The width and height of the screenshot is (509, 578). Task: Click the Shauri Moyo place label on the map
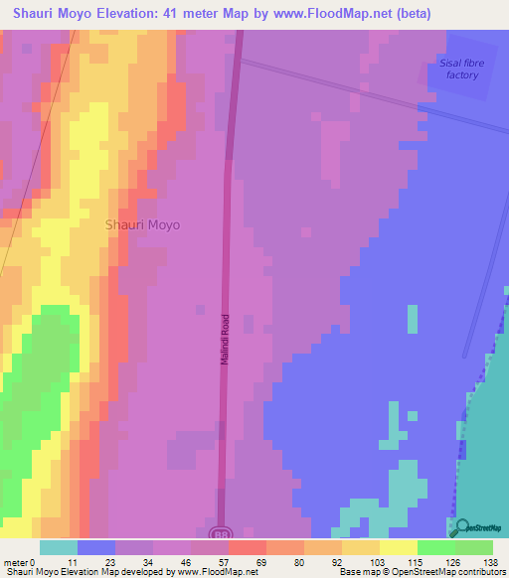click(143, 224)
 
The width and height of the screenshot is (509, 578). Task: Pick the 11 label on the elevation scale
click(68, 561)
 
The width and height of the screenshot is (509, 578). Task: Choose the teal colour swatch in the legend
click(59, 547)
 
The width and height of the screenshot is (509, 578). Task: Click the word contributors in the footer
click(481, 572)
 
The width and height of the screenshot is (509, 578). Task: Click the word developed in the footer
click(142, 572)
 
